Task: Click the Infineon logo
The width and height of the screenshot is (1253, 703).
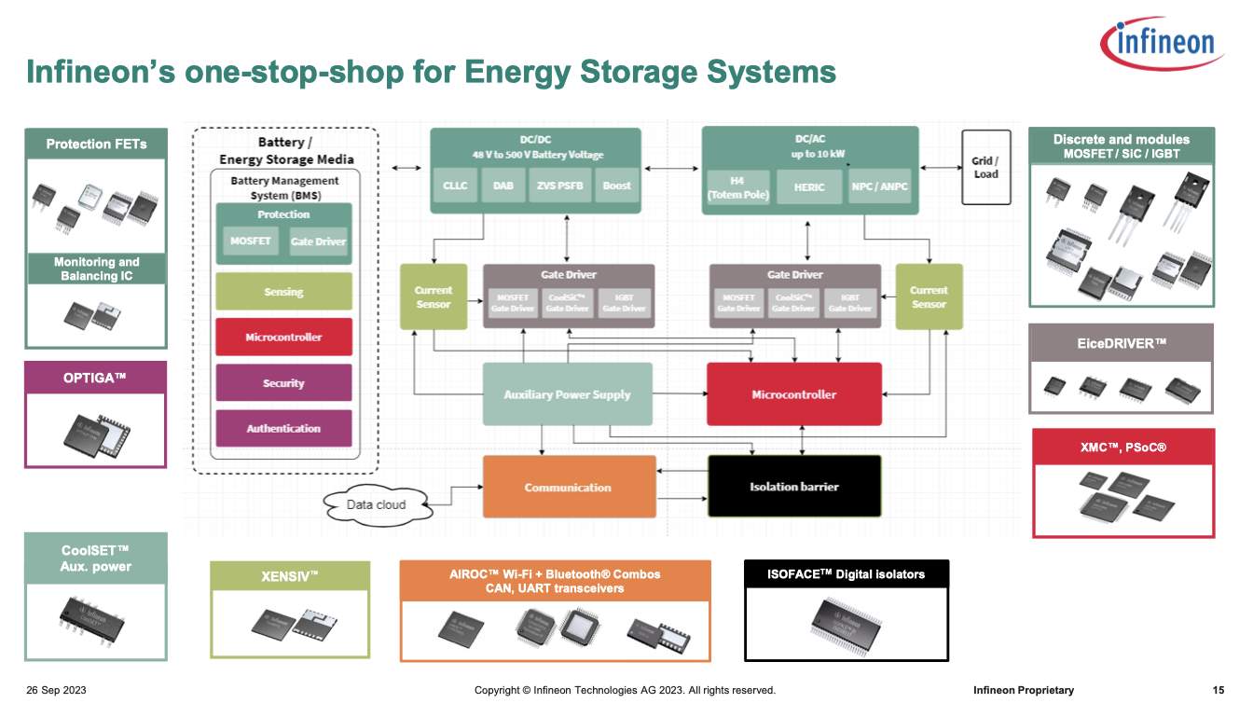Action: [x=1162, y=41]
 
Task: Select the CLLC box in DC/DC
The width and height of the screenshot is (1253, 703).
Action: [x=455, y=186]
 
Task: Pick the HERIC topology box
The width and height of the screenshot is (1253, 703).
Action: [x=808, y=186]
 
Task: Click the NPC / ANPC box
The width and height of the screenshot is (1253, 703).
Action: [x=878, y=186]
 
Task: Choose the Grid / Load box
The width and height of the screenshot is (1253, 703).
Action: [x=985, y=167]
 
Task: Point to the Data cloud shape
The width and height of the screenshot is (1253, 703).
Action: [x=377, y=504]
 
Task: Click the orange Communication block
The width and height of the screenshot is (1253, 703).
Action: [x=569, y=487]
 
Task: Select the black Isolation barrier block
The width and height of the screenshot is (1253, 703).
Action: [x=794, y=487]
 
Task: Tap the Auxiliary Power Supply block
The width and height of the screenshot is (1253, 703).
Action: [x=567, y=394]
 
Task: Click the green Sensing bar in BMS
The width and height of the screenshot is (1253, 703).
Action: [x=283, y=292]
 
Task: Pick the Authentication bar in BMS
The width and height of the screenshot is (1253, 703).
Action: [x=283, y=429]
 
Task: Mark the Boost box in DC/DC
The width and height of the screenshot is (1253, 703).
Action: [x=616, y=186]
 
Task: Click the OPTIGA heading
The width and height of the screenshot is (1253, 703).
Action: [x=95, y=378]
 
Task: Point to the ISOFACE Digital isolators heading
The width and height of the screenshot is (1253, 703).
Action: [x=846, y=574]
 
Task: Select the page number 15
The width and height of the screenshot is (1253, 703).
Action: [x=1218, y=690]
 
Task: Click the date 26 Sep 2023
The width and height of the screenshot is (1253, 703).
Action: [x=57, y=690]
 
